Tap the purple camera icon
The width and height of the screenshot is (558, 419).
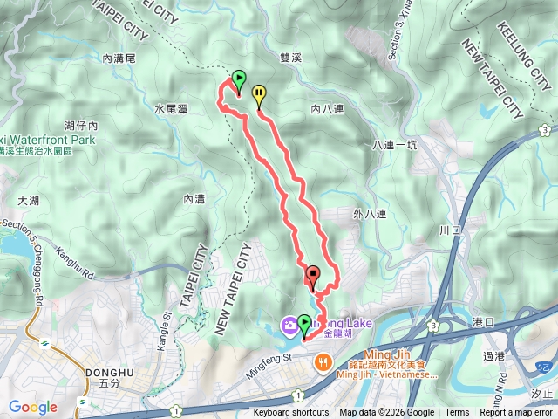(287, 326)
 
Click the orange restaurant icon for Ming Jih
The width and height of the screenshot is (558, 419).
(323, 361)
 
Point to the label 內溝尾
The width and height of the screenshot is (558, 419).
(119, 58)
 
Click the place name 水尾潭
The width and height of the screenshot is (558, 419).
(172, 109)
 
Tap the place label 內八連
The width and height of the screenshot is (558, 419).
(328, 109)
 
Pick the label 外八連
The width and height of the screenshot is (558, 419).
(370, 212)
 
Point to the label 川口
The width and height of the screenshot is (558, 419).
(450, 230)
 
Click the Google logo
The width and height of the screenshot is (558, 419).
(33, 407)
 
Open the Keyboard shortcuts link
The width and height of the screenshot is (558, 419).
(291, 413)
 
